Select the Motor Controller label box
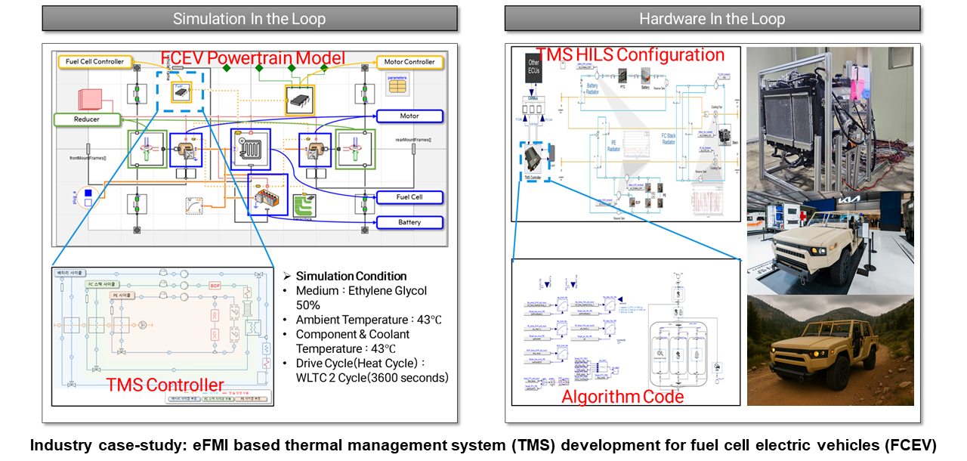point(409,62)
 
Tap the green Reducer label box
point(87,119)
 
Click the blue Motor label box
point(409,116)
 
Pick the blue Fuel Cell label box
point(409,197)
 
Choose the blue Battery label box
point(409,223)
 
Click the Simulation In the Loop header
point(250,19)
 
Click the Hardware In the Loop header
point(712,19)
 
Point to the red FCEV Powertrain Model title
point(253,58)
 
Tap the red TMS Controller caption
point(165,385)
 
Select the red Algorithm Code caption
point(623,397)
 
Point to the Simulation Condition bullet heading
point(351,277)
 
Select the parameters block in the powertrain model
point(397,84)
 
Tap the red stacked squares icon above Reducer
point(88,100)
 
